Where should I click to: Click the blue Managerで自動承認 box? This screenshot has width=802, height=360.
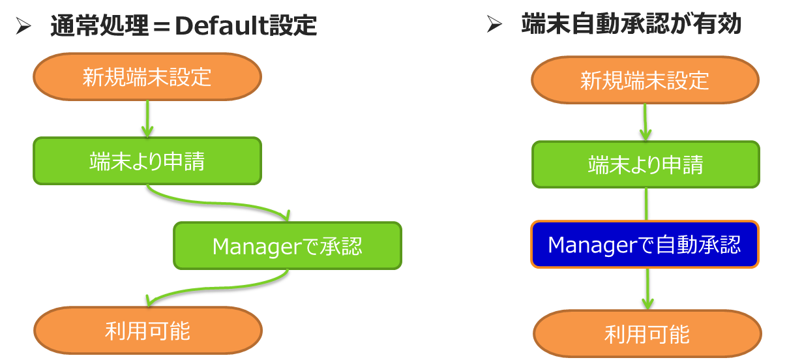click(x=645, y=245)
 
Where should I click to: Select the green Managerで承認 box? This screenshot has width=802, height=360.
click(x=287, y=246)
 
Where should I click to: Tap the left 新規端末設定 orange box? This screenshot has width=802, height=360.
click(x=147, y=77)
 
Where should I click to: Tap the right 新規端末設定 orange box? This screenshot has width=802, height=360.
click(x=645, y=80)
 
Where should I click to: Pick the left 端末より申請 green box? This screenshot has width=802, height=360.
click(x=147, y=160)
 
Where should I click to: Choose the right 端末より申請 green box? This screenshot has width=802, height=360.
click(x=645, y=164)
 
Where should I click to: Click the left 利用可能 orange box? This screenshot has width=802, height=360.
click(x=147, y=331)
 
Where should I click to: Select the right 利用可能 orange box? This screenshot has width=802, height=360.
click(x=647, y=334)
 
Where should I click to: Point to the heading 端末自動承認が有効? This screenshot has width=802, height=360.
click(x=632, y=24)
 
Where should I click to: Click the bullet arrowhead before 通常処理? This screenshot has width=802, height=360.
click(x=23, y=27)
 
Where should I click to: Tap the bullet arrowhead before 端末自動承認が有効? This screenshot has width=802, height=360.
click(x=494, y=25)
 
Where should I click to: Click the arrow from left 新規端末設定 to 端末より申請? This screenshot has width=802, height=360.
click(x=147, y=118)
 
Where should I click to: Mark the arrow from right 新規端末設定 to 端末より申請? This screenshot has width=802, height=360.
click(x=645, y=122)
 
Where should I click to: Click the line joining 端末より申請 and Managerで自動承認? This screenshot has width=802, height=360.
click(x=646, y=204)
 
